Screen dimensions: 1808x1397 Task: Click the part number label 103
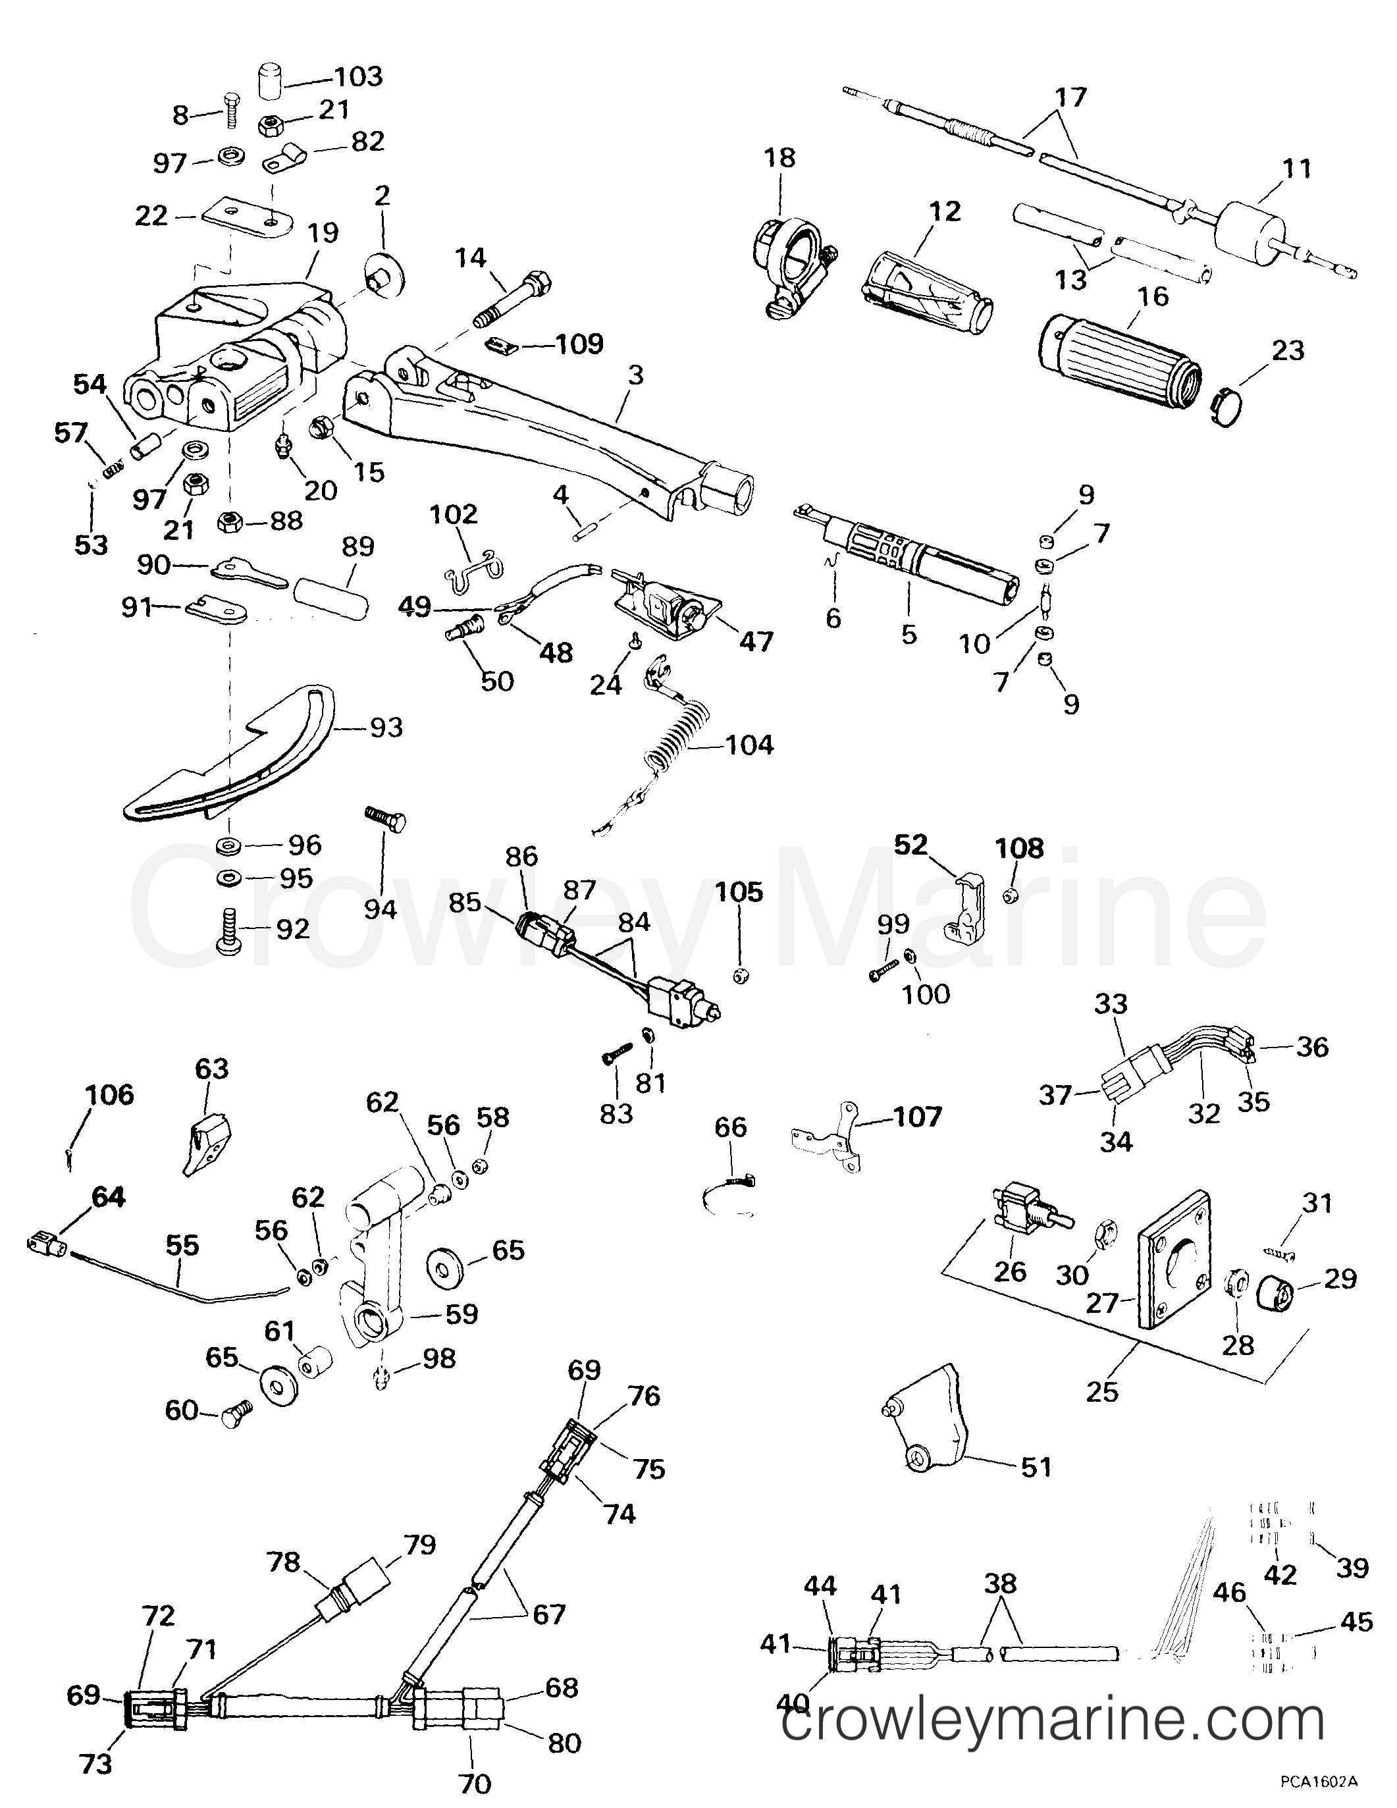click(357, 77)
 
